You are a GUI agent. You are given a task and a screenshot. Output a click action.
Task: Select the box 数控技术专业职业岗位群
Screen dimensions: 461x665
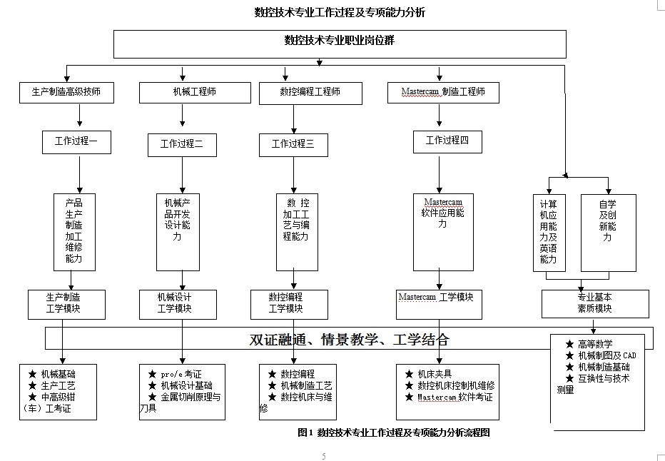tap(340, 43)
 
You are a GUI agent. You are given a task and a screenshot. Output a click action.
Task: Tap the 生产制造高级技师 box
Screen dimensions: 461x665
tap(66, 92)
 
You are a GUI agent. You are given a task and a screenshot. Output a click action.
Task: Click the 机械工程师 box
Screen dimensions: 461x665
tap(195, 92)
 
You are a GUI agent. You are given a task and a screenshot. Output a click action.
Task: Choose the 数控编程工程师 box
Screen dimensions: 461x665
tap(310, 92)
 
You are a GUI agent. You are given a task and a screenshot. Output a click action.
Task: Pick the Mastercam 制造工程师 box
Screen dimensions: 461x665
tap(443, 92)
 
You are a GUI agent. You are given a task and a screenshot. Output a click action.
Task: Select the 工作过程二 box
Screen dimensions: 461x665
tap(182, 145)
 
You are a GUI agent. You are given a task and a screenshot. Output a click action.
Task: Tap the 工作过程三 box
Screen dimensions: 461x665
tap(293, 145)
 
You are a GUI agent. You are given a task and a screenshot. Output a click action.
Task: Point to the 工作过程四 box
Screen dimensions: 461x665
tap(447, 141)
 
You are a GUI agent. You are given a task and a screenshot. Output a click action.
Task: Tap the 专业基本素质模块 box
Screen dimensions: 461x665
tap(595, 303)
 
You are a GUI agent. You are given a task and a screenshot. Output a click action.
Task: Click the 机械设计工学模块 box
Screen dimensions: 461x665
tap(175, 303)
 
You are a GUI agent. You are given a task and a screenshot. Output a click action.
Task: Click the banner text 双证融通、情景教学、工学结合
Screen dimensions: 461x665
tap(350, 340)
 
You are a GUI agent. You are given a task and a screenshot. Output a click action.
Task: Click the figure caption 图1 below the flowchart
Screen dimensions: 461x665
tap(394, 432)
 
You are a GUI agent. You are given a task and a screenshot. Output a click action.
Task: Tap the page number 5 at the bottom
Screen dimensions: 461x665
tap(324, 456)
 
